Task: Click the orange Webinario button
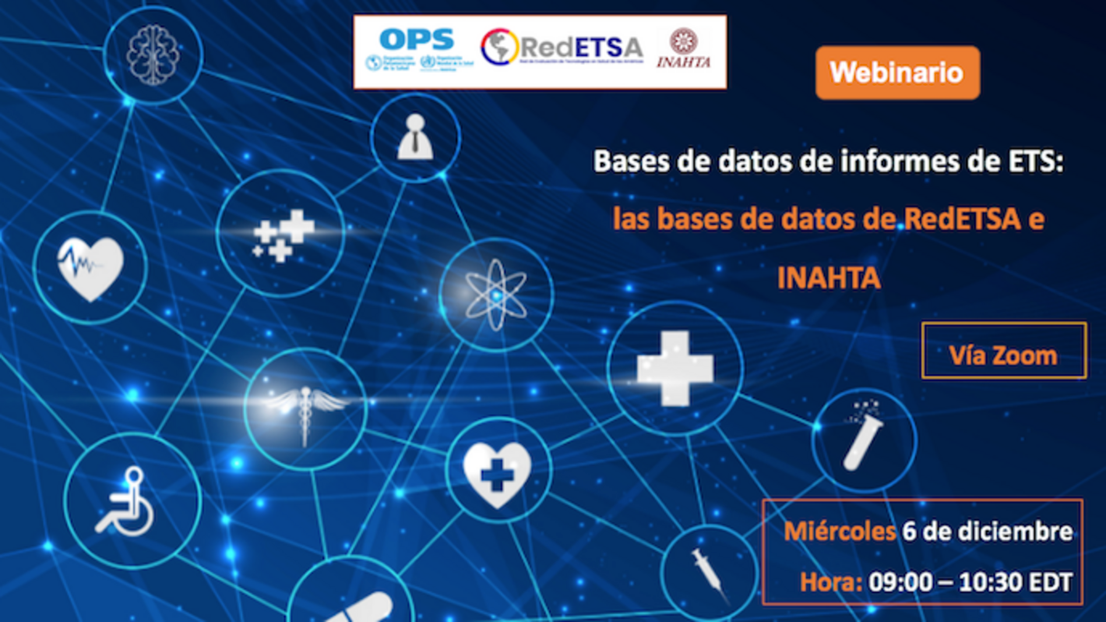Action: coord(897,73)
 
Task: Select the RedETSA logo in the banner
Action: coord(561,48)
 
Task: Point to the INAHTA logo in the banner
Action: coord(683,48)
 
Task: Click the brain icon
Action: coord(153,55)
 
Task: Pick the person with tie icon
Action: coord(415,138)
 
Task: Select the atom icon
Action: coord(496,295)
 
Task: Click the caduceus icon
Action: coord(305,409)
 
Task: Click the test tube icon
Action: coord(863,439)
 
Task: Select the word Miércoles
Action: coord(839,532)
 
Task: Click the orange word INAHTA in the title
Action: coord(828,277)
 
